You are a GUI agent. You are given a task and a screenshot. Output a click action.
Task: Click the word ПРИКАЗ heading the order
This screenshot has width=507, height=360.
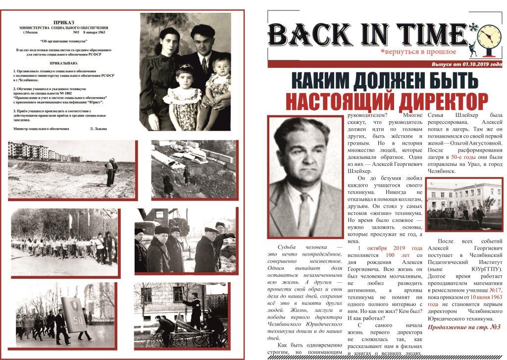pyautogui.click(x=64, y=22)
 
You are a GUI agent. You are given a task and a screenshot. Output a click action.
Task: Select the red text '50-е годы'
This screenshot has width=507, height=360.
pyautogui.click(x=462, y=157)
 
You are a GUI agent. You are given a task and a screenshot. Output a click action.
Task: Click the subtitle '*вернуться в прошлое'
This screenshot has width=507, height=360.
pyautogui.click(x=417, y=51)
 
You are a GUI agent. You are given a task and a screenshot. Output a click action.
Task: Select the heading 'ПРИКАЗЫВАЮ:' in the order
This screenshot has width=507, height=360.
pyautogui.click(x=64, y=64)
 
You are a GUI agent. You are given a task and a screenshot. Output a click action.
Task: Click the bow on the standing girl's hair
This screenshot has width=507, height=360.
pyautogui.click(x=186, y=67)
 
